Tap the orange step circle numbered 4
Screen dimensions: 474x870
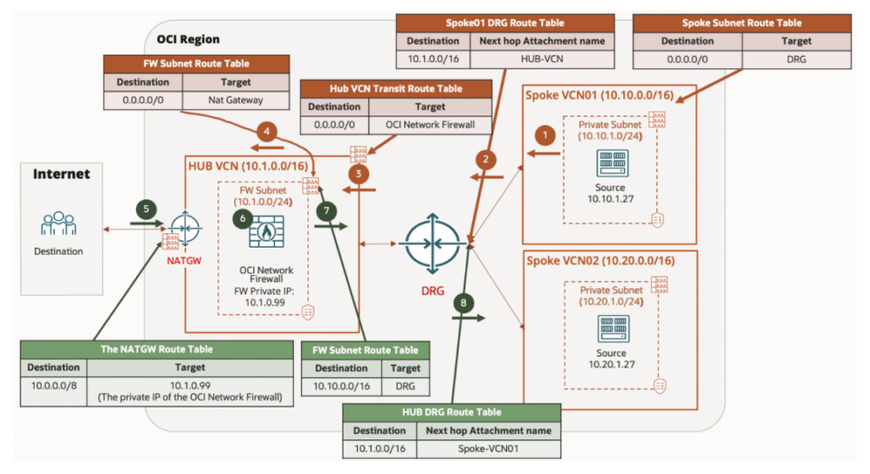tap(265, 130)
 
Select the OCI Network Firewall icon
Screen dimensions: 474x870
tap(264, 232)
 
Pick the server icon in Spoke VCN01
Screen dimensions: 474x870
tap(610, 164)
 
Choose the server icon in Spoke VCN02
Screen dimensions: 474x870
tap(610, 329)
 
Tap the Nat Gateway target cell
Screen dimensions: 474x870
tap(235, 99)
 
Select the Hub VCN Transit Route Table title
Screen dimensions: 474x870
tap(395, 89)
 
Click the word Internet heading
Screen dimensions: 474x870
tap(61, 174)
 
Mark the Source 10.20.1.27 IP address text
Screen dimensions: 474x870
tap(610, 364)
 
